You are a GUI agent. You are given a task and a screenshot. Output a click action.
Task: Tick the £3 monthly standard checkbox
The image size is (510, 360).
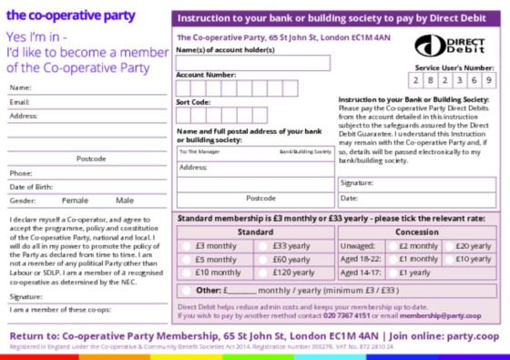pyautogui.click(x=186, y=246)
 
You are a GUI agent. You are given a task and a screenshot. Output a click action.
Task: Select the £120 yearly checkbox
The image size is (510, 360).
pyautogui.click(x=263, y=272)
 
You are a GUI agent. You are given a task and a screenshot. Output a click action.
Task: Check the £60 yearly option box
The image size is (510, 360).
pyautogui.click(x=263, y=259)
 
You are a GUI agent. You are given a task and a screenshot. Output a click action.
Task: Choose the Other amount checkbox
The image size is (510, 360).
pyautogui.click(x=186, y=291)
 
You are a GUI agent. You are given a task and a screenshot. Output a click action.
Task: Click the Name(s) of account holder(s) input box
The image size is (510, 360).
pyautogui.click(x=252, y=63)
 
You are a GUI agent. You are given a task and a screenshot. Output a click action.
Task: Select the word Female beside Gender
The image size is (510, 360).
pyautogui.click(x=75, y=200)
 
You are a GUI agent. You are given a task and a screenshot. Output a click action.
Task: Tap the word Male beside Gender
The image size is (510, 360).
pyautogui.click(x=125, y=200)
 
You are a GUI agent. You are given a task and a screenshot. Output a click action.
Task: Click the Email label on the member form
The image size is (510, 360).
pyautogui.click(x=20, y=101)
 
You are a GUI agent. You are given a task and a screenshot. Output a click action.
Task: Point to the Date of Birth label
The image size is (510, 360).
pyautogui.click(x=29, y=186)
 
